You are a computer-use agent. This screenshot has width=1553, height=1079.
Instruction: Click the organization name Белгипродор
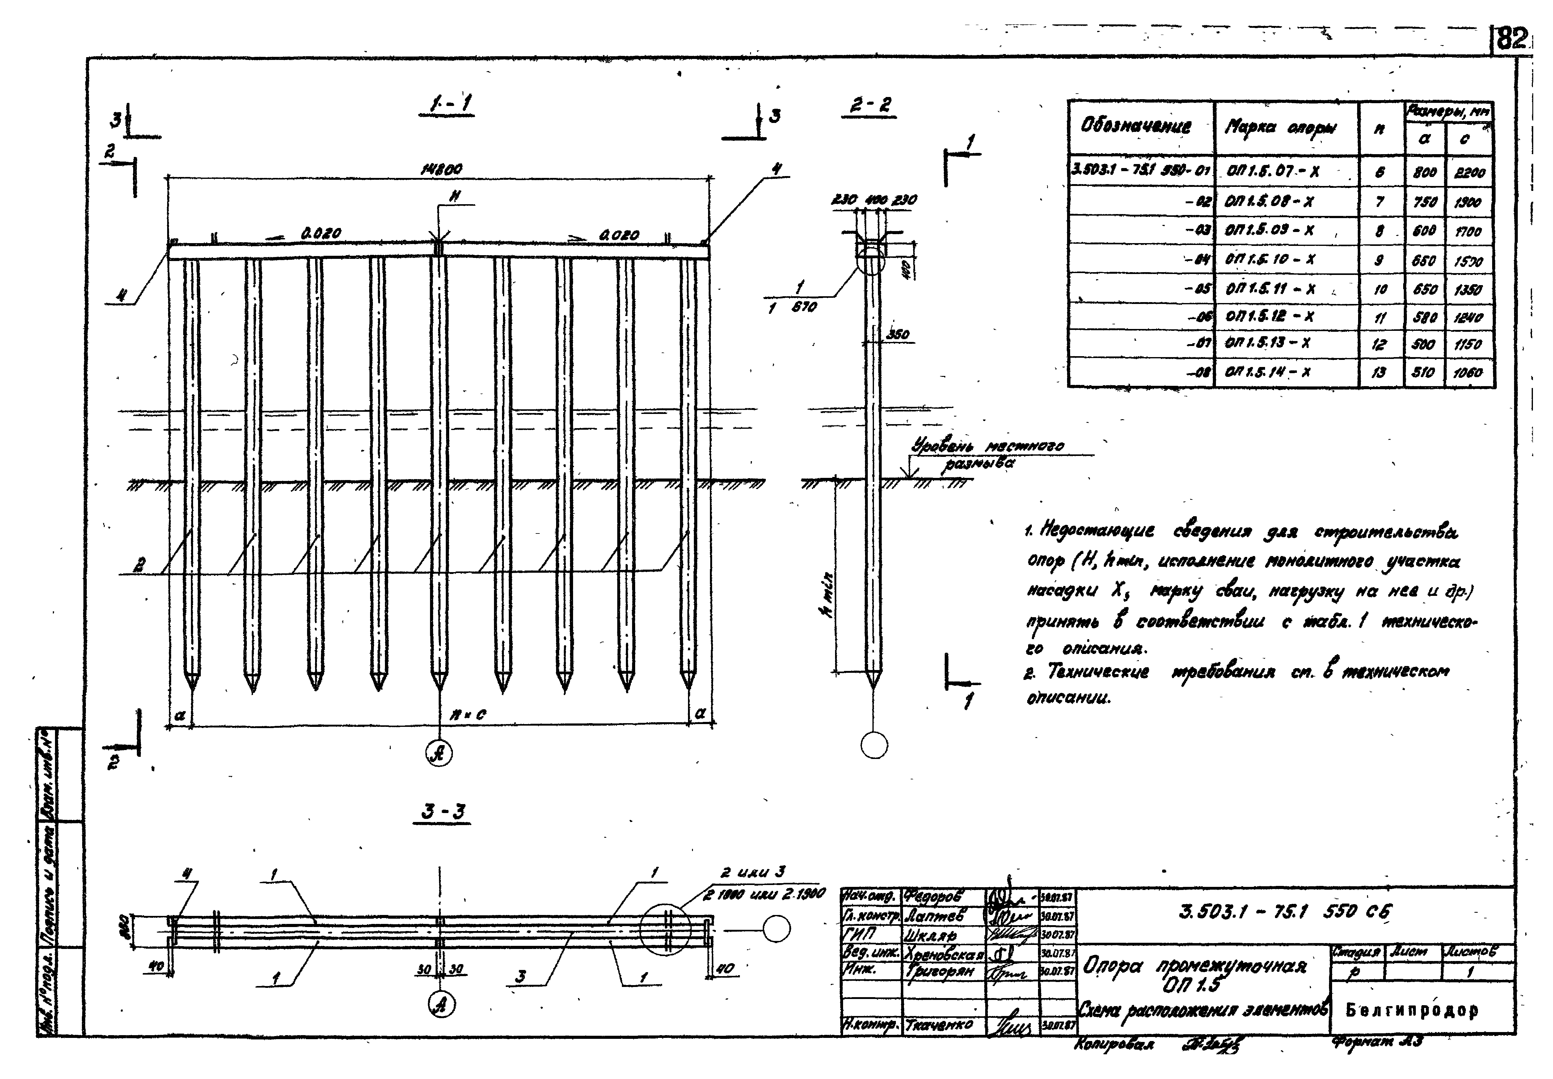tap(1411, 1010)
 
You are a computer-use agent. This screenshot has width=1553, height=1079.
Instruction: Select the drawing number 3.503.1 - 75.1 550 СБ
tap(1285, 912)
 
